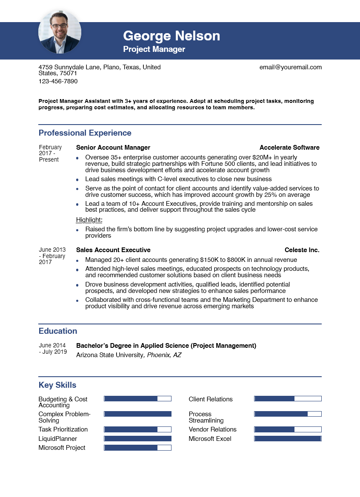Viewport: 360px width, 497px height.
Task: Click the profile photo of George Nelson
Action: (x=60, y=32)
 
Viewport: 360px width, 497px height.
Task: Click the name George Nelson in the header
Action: (x=171, y=36)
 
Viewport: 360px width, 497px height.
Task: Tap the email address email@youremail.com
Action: (x=290, y=67)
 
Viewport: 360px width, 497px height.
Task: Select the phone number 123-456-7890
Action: (x=58, y=81)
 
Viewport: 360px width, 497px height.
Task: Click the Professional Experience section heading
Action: (x=85, y=133)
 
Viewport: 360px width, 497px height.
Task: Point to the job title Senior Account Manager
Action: (x=113, y=148)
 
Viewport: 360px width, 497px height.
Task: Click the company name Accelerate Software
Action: (x=289, y=148)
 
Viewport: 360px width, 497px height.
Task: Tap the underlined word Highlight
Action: (x=89, y=220)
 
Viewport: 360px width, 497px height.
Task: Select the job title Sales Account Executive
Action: (x=113, y=250)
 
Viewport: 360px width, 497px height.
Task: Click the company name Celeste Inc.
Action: (x=302, y=250)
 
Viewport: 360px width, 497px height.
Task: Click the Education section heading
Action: (x=58, y=331)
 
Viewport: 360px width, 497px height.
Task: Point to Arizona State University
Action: (x=110, y=355)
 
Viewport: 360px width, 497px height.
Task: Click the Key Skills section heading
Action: (x=57, y=385)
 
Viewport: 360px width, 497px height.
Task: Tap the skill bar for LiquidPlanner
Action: (x=137, y=439)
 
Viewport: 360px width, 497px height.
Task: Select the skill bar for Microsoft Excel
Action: (x=288, y=439)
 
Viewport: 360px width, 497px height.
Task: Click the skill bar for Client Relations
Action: (x=288, y=399)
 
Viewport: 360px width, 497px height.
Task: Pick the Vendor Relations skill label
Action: (x=212, y=429)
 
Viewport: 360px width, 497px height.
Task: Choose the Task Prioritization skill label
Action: (x=63, y=429)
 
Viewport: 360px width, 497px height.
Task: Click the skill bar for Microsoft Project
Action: (x=137, y=448)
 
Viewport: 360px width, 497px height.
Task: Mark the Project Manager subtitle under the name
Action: (x=154, y=49)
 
